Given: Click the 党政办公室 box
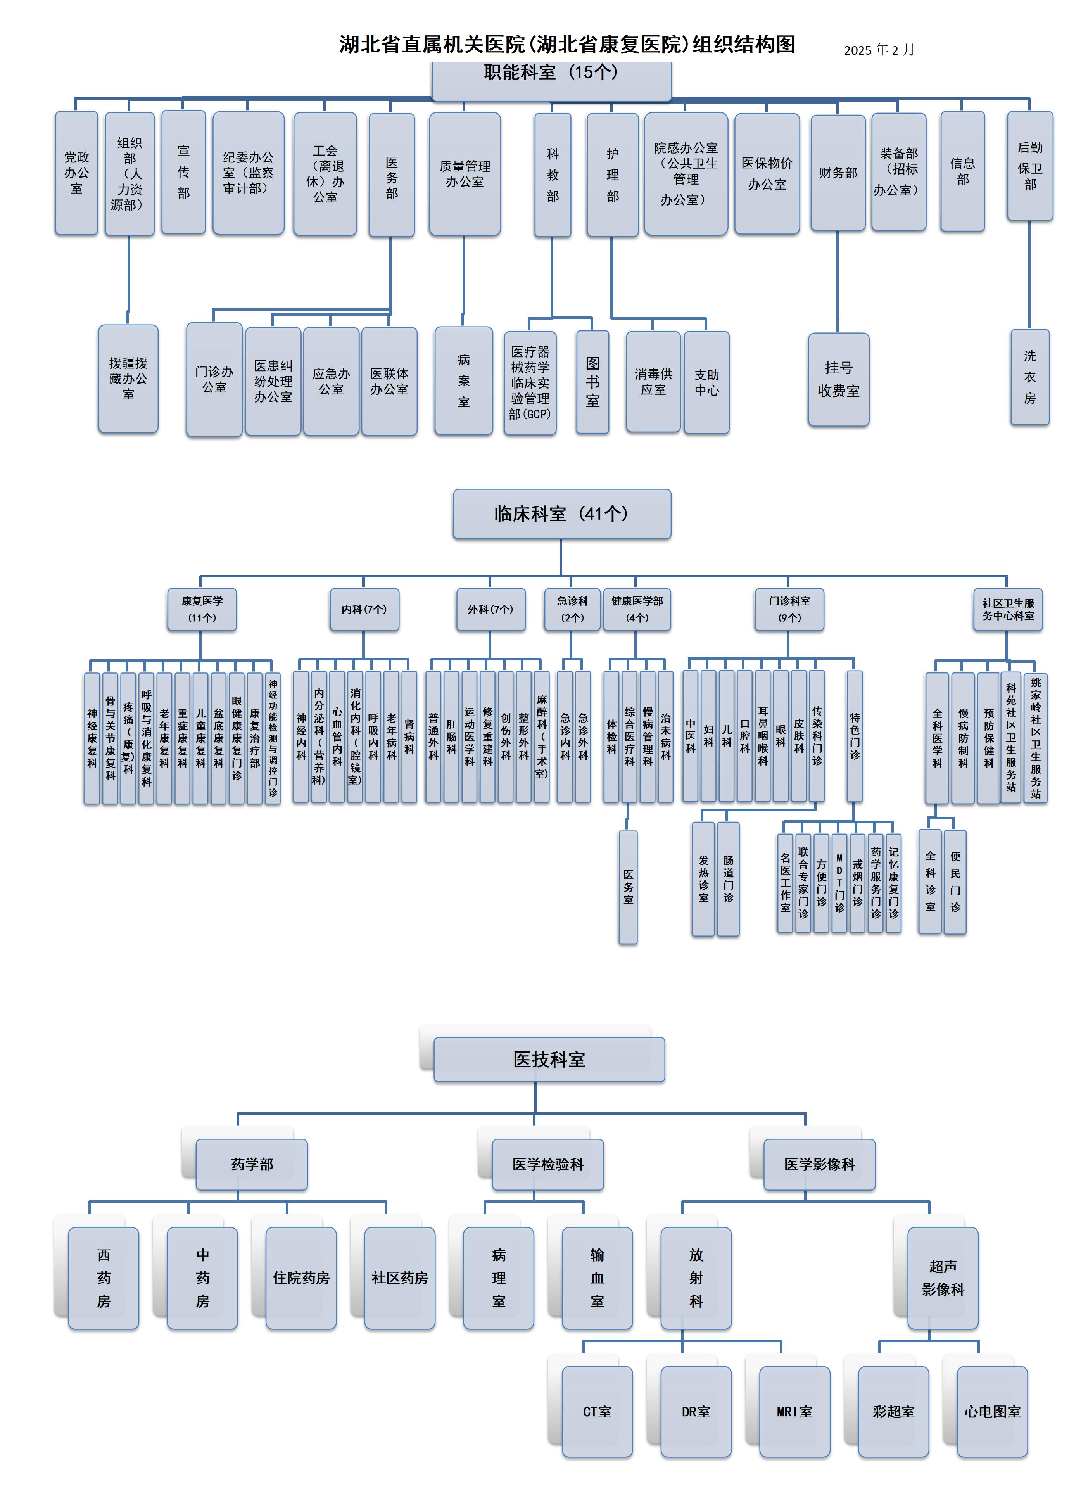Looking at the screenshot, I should pos(76,173).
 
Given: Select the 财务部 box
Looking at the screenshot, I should pos(838,173).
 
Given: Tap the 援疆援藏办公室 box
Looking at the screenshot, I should pos(128,379).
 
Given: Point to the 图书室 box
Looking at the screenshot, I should pos(592,382).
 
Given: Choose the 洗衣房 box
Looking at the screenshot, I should pos(1029,377).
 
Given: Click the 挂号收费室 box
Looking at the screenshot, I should pos(839,380).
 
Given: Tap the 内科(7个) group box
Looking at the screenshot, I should pos(364,609).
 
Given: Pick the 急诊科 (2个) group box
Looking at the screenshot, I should pos(572,609).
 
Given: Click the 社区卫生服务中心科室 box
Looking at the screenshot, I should pos(1007,609).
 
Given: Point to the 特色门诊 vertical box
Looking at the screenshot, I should pos(855,736).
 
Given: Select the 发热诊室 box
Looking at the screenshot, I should pos(703,878).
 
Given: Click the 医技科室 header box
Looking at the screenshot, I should pos(549,1060).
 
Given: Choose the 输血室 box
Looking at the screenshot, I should pos(597,1278).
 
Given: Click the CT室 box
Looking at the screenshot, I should pos(597,1411).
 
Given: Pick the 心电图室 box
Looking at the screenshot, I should pos(992,1411).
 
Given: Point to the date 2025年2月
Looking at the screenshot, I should pos(879,50).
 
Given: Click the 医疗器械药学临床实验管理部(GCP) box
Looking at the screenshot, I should pos(530,383).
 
